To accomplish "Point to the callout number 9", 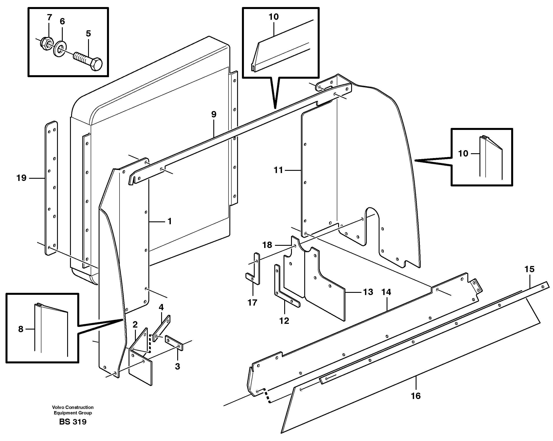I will tap(214, 114).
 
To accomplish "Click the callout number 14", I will tap(386, 292).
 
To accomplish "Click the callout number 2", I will tap(135, 324).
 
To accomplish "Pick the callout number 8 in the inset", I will tap(21, 329).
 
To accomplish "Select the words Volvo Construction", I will tap(73, 407).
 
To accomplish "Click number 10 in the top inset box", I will tap(273, 17).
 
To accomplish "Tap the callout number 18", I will tap(267, 245).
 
